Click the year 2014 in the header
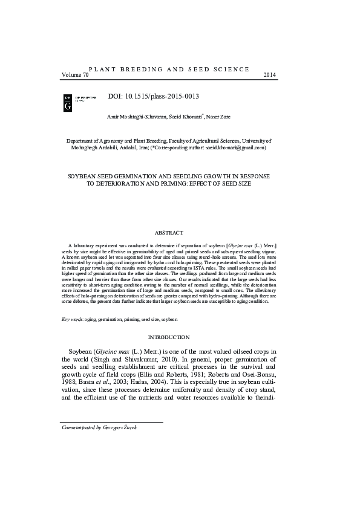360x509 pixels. click(x=270, y=75)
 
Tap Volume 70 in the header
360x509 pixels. click(x=75, y=75)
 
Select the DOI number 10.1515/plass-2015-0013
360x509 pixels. click(x=153, y=97)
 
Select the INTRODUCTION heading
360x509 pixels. click(x=169, y=337)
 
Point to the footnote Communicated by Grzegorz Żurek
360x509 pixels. click(x=100, y=427)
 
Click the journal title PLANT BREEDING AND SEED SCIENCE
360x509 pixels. click(x=169, y=69)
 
